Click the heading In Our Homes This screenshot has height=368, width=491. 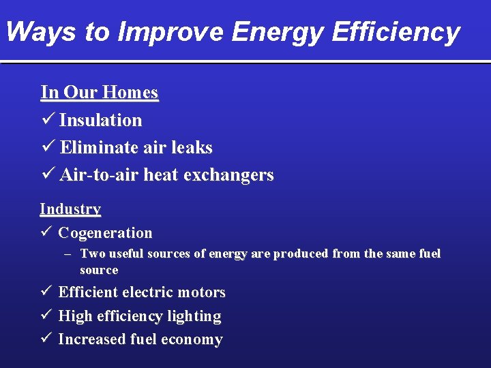[100, 92]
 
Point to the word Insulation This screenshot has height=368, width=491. [101, 121]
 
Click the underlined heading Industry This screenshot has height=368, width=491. [70, 209]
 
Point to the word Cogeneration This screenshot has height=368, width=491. [105, 233]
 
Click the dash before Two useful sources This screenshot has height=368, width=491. [68, 254]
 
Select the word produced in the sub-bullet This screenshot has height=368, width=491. [301, 254]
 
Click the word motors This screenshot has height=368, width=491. [201, 292]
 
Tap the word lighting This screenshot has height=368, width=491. [198, 316]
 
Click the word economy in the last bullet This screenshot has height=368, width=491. [194, 339]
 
